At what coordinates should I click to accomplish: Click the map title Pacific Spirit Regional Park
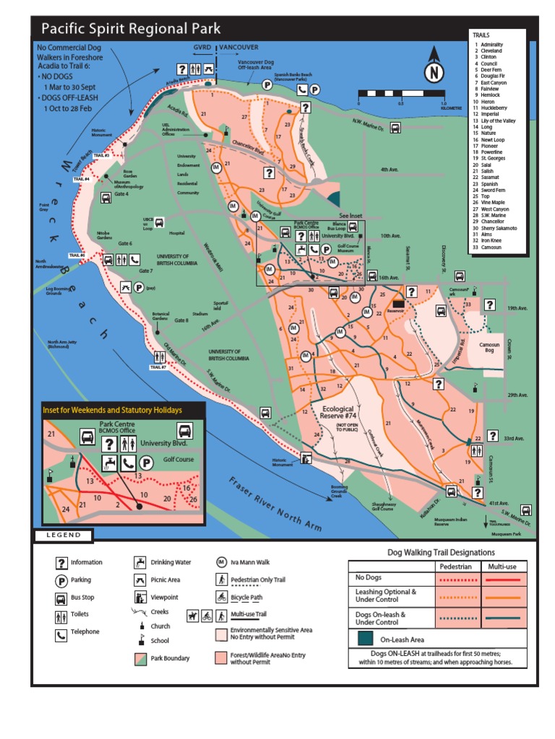pos(131,29)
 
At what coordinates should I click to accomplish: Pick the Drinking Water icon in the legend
pos(139,562)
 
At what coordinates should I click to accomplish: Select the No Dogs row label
pos(368,577)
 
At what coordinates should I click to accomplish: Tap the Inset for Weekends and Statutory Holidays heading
pos(112,410)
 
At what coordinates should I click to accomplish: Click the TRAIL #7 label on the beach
pos(158,367)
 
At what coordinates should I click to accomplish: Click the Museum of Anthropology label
pos(128,187)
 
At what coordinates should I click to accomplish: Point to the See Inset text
pos(349,216)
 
